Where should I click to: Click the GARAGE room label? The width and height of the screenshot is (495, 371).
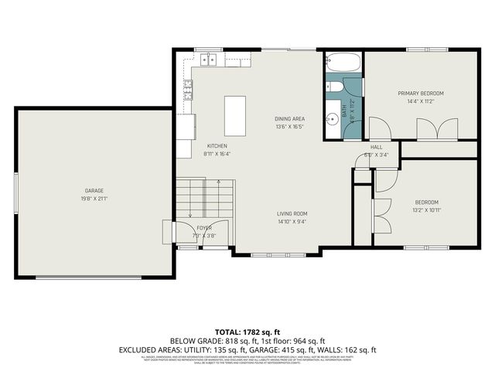click(94, 190)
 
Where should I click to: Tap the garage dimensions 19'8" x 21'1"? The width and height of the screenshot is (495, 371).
click(94, 198)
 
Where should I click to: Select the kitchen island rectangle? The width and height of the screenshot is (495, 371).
click(235, 116)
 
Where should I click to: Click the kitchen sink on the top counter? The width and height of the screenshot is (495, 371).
click(208, 60)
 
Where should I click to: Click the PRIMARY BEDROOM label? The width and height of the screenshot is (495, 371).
click(421, 93)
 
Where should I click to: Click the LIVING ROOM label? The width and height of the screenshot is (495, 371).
click(292, 213)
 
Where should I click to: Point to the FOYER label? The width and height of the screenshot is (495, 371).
click(204, 228)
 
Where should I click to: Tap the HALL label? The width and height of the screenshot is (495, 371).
click(376, 147)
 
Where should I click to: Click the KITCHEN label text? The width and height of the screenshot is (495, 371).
click(217, 145)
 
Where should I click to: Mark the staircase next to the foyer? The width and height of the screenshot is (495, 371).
click(205, 199)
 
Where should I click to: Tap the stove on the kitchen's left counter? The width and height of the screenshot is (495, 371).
click(186, 91)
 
